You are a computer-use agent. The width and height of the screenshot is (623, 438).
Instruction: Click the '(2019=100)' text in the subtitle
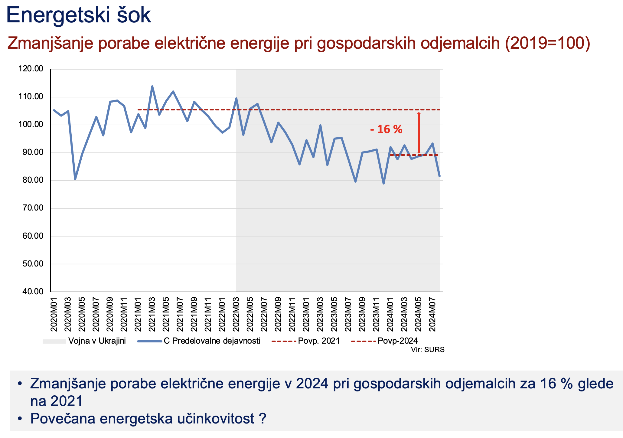click(x=548, y=43)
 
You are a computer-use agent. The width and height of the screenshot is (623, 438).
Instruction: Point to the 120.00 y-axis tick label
click(x=31, y=69)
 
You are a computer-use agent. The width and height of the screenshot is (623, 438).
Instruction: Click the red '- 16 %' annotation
click(x=386, y=129)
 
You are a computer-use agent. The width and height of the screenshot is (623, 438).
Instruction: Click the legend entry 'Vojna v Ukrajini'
click(x=97, y=341)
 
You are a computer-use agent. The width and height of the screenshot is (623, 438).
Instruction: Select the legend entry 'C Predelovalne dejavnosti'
click(x=212, y=341)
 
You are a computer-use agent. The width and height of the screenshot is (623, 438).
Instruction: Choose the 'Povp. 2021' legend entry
click(x=319, y=341)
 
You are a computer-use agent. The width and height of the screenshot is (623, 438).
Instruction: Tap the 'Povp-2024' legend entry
click(x=398, y=341)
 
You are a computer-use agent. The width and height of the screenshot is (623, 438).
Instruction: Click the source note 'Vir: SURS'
click(x=428, y=350)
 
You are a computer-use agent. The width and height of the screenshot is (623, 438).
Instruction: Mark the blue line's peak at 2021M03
click(x=152, y=87)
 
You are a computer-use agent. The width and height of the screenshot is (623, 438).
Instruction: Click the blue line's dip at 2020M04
click(x=75, y=179)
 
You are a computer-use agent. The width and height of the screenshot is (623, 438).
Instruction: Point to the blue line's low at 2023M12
click(x=383, y=184)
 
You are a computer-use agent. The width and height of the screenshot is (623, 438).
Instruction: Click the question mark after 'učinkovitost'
click(x=263, y=419)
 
